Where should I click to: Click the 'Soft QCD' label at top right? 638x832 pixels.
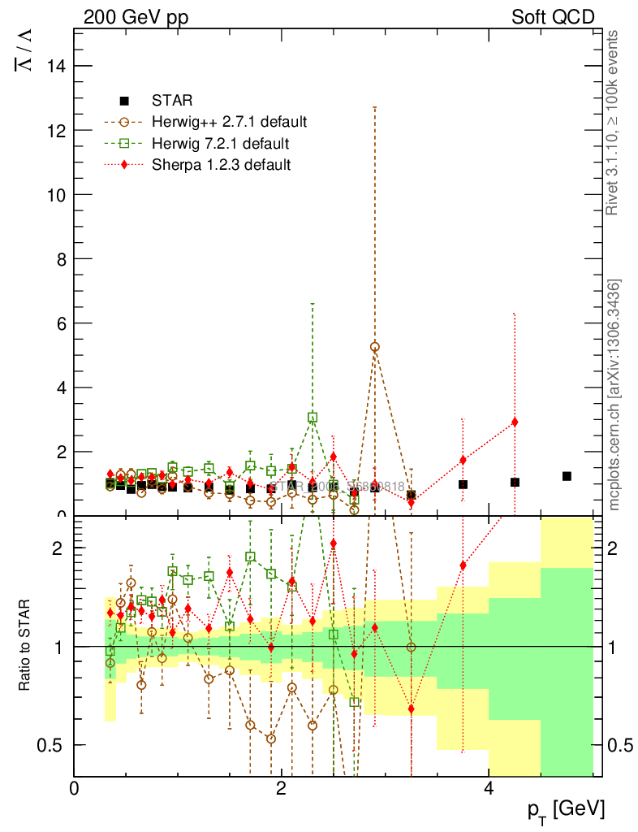tap(553, 17)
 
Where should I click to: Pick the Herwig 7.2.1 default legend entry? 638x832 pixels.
tap(220, 144)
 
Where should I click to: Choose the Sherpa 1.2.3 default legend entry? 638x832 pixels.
tap(222, 165)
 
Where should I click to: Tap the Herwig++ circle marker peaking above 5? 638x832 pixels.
tap(374, 346)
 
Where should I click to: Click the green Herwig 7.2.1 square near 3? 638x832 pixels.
tap(313, 418)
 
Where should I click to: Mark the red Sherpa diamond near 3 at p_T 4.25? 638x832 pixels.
tap(515, 422)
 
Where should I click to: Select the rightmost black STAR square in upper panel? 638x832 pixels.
tap(567, 476)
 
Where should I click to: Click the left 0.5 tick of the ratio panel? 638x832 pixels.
tap(56, 745)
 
